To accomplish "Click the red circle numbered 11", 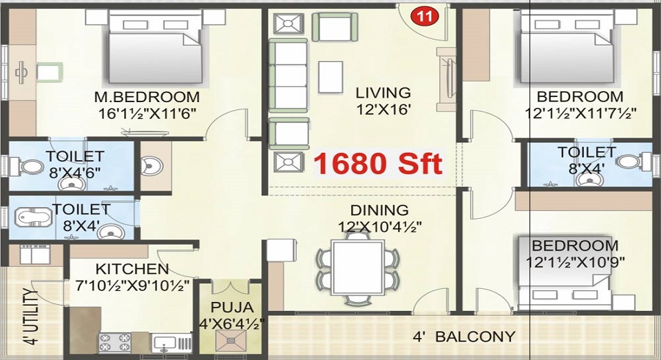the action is click(x=425, y=16).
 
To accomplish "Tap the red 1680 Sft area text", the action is click(x=378, y=164).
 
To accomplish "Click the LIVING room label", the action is click(x=383, y=93).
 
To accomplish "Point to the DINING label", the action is click(x=380, y=209).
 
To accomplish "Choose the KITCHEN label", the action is click(x=132, y=268).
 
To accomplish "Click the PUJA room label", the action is click(x=232, y=307).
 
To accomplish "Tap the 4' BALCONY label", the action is click(x=464, y=336).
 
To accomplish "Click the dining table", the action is click(x=358, y=267).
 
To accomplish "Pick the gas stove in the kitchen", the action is click(x=115, y=342).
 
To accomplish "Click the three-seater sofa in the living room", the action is click(x=289, y=76).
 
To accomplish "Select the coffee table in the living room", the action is click(x=330, y=76).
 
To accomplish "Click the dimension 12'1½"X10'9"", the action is click(x=575, y=262).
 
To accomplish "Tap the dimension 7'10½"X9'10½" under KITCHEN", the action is click(x=132, y=285).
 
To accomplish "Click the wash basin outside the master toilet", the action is click(x=150, y=165).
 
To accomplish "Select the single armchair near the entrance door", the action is click(x=334, y=26).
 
